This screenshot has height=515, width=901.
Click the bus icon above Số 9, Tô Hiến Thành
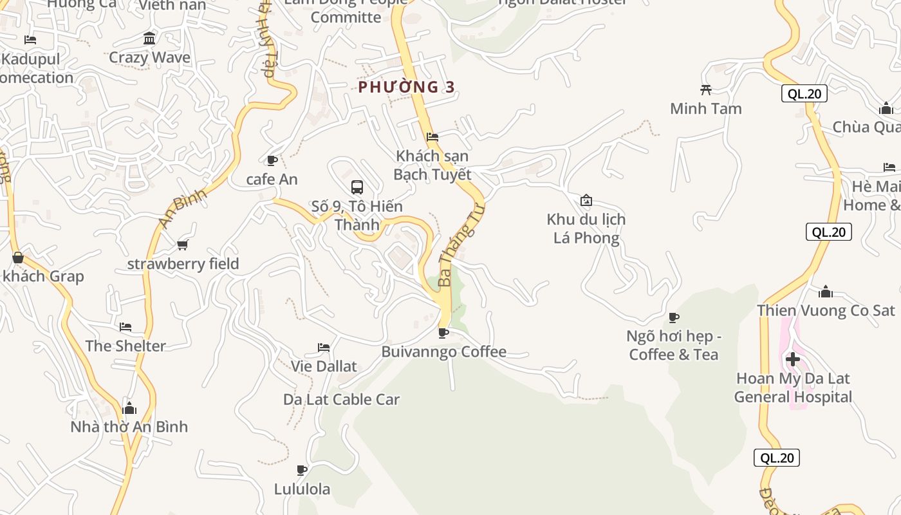click(357, 187)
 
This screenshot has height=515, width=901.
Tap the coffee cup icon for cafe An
click(272, 160)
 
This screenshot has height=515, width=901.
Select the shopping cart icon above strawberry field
click(182, 245)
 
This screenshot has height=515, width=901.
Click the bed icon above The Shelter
click(125, 327)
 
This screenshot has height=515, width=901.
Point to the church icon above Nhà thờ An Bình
click(129, 408)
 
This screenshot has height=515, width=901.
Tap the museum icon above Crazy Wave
click(150, 39)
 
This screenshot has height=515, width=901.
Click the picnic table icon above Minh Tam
click(706, 89)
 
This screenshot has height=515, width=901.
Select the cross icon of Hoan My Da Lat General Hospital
click(793, 359)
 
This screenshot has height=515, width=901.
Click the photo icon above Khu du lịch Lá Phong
click(586, 200)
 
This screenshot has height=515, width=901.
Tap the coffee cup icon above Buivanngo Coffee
click(443, 333)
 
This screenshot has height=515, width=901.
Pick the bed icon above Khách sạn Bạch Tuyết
click(432, 137)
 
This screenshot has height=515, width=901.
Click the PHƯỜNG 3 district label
click(406, 87)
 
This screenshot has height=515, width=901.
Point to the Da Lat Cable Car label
click(341, 399)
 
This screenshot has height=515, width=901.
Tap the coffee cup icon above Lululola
click(301, 470)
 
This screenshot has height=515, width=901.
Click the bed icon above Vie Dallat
click(324, 348)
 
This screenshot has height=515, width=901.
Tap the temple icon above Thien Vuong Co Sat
click(826, 292)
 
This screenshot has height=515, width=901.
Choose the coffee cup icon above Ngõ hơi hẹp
click(674, 317)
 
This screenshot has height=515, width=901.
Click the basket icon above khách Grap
click(18, 258)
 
